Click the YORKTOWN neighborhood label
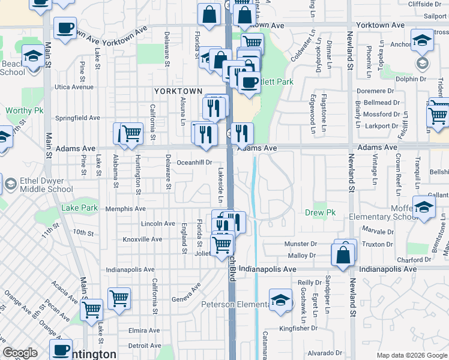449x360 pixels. (178, 91)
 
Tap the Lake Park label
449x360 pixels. (79, 208)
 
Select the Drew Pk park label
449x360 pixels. (320, 213)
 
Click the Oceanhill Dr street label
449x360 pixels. (194, 162)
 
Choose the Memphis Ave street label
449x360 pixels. (125, 209)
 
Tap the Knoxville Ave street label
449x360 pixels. (142, 239)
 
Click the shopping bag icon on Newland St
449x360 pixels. (342, 254)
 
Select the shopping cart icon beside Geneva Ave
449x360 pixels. (119, 298)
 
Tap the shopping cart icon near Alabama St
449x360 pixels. (131, 134)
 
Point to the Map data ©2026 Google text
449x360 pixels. (411, 355)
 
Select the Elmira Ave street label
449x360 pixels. (144, 331)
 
